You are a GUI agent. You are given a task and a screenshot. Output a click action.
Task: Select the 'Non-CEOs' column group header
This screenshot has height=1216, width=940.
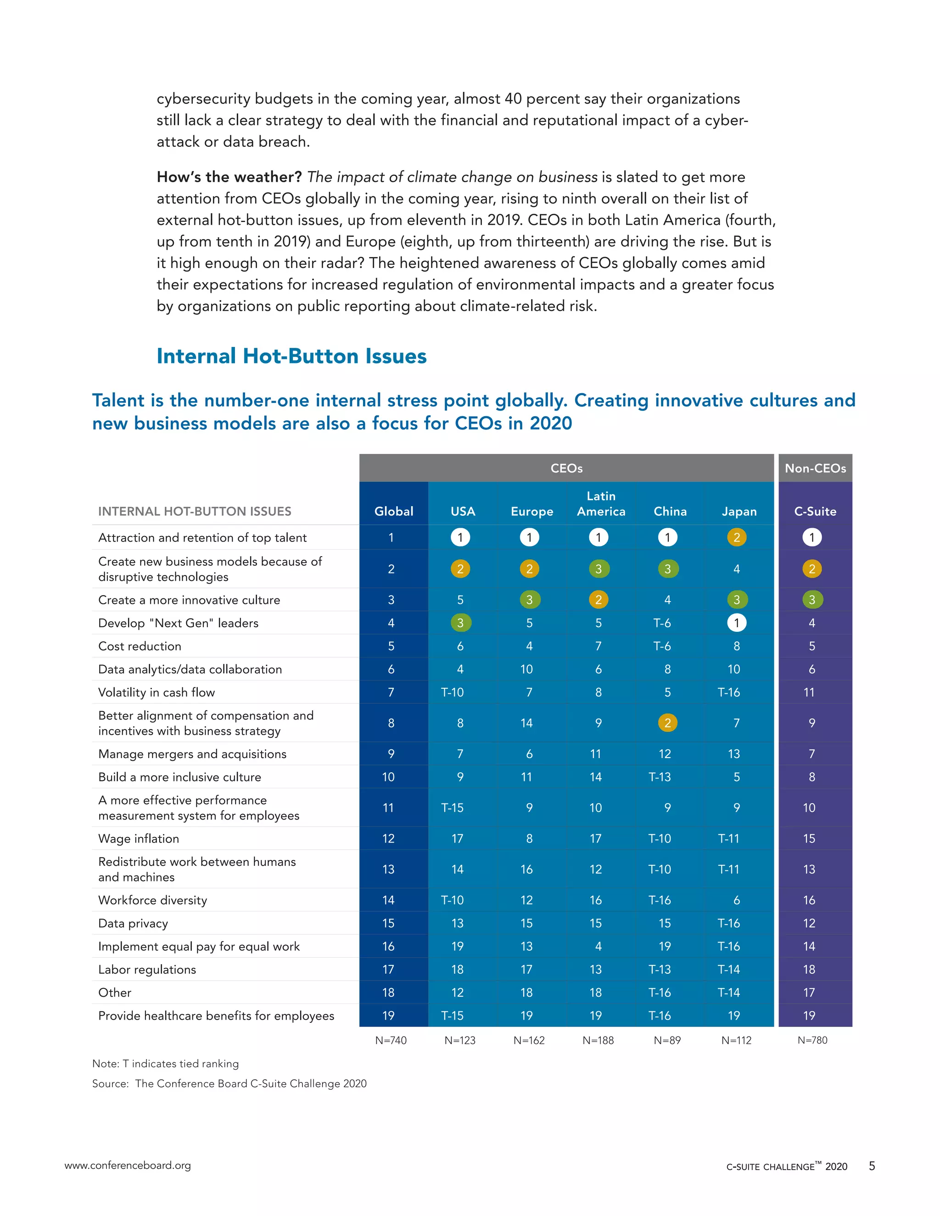point(815,468)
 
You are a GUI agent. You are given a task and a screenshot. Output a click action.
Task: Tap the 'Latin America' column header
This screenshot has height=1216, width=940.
point(600,503)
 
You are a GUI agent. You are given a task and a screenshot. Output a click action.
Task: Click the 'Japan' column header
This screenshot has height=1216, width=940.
point(739,511)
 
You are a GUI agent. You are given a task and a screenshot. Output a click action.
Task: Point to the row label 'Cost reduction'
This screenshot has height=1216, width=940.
point(140,646)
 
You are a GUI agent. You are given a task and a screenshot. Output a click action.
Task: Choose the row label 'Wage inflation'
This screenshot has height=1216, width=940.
point(139,838)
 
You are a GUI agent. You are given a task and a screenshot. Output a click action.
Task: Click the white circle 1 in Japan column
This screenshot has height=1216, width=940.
point(736,623)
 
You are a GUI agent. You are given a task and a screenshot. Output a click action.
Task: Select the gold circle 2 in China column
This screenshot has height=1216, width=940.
point(667,723)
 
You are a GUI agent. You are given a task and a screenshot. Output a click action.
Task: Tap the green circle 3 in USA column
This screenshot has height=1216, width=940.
point(460,623)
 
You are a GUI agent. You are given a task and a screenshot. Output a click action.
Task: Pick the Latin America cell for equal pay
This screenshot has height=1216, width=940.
point(598,946)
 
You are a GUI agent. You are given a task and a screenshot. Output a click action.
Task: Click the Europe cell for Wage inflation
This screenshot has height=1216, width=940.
point(529,838)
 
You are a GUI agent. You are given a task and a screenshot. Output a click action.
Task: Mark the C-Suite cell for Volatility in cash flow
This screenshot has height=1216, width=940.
point(809,692)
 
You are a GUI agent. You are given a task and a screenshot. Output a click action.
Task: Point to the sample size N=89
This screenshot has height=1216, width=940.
point(667,1040)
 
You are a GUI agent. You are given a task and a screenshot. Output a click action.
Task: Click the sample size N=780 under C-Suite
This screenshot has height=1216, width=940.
point(812,1040)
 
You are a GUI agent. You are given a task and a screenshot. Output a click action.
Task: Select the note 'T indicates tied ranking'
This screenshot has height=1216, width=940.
point(165,1064)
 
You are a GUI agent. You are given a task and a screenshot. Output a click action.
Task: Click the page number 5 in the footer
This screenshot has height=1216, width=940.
point(872,1166)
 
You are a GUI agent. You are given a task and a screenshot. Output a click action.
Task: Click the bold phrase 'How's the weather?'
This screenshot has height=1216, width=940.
point(229,177)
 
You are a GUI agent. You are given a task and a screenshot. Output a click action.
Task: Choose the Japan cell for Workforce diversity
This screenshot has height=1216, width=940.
point(736,900)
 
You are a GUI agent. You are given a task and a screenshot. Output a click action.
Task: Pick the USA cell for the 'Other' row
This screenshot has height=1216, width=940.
point(457,992)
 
